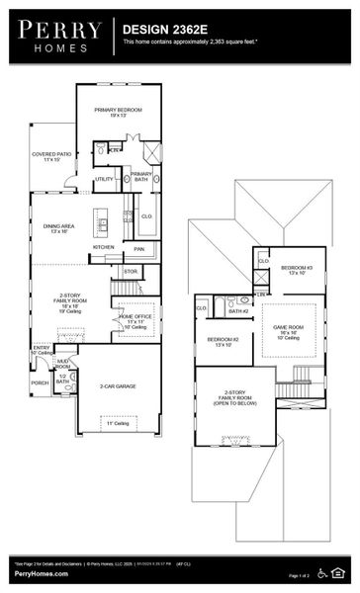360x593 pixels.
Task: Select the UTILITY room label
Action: [105, 179]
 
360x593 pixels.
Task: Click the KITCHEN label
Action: [103, 247]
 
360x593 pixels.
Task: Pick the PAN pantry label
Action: [139, 249]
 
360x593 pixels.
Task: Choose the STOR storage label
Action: [131, 270]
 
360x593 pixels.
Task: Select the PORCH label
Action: [40, 382]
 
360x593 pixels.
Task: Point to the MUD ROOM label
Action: [62, 365]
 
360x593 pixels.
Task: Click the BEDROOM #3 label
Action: [297, 270]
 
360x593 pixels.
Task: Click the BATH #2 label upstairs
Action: [237, 311]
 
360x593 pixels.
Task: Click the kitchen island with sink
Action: [101, 219]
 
